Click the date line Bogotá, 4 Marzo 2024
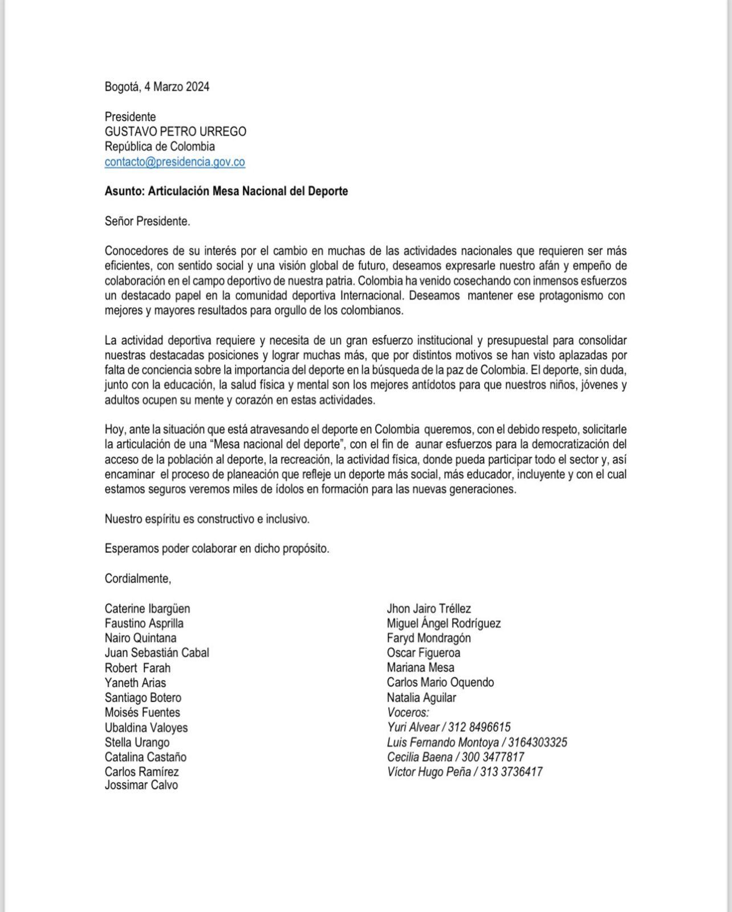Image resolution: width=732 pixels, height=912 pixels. click(157, 87)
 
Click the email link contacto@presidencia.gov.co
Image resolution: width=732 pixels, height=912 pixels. click(174, 162)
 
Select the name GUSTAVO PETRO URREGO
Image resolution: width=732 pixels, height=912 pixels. click(175, 132)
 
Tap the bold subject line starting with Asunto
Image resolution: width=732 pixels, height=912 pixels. click(226, 192)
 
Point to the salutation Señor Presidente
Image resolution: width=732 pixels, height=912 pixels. click(147, 221)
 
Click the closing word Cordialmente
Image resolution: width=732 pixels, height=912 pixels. click(137, 579)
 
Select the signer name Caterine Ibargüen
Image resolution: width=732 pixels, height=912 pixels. click(147, 609)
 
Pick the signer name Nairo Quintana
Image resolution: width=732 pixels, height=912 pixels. click(140, 638)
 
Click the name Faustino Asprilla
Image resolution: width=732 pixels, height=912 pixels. click(144, 624)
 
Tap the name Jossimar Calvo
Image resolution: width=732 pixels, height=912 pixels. click(141, 785)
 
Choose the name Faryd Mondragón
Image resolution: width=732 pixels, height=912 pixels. click(428, 638)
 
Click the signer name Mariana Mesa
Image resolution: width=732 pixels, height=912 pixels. click(420, 667)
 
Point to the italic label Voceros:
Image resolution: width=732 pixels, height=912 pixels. click(408, 712)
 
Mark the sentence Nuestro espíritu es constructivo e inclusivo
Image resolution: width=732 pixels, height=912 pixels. click(207, 519)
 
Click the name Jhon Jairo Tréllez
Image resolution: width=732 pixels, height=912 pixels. click(428, 609)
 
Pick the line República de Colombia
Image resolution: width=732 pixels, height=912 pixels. click(159, 147)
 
